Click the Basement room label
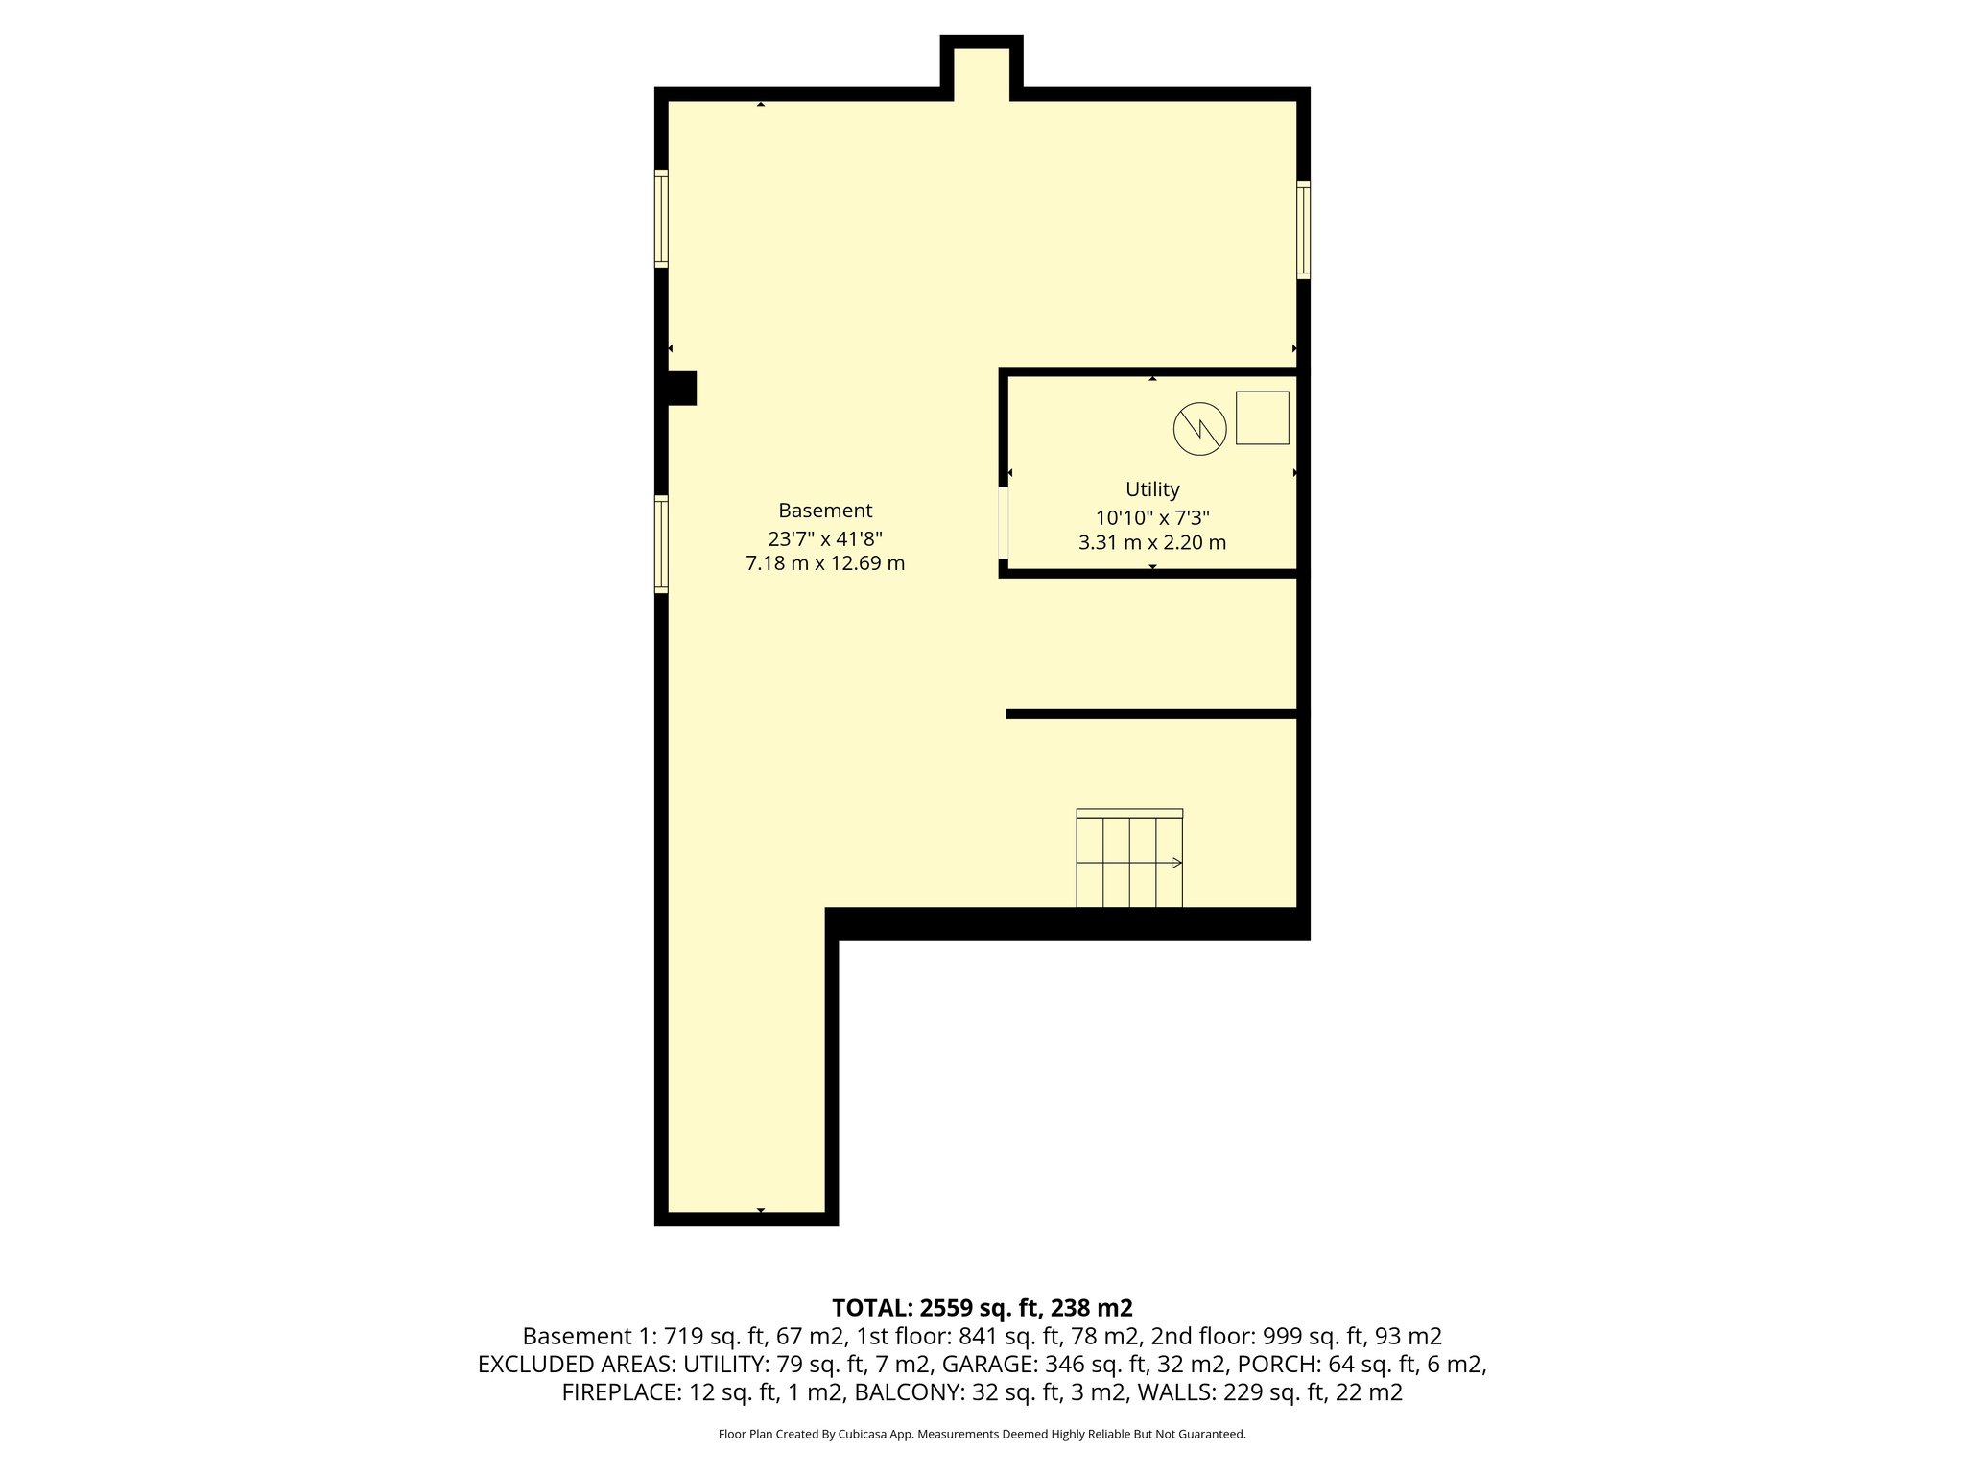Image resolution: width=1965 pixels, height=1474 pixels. point(824,511)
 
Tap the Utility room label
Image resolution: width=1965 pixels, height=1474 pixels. point(1151,489)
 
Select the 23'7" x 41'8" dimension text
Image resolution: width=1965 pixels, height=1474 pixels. point(824,537)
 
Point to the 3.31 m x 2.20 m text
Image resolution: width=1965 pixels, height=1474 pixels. point(1151,543)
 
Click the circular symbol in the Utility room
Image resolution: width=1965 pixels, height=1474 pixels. point(1199,428)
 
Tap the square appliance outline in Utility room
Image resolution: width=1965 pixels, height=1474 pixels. point(1262,417)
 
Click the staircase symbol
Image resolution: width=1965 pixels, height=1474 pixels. point(1128,860)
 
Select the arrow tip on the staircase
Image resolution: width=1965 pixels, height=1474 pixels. point(1179,863)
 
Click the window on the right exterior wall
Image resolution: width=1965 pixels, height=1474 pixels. point(1303,230)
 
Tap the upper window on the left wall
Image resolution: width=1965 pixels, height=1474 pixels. point(661,218)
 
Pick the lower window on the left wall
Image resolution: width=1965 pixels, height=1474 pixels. point(661,543)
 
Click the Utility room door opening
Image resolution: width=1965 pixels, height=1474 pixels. point(1004,523)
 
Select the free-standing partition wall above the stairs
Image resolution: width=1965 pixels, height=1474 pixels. point(1150,714)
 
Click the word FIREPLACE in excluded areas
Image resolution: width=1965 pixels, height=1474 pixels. point(621,1392)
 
